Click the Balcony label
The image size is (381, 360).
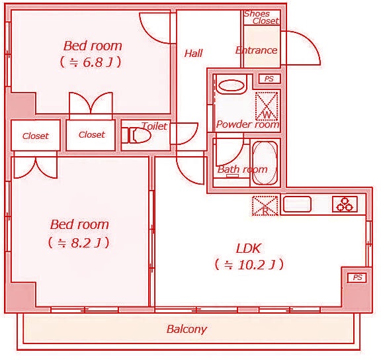click(x=187, y=329)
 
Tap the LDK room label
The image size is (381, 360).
click(x=249, y=249)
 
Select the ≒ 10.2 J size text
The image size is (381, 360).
click(x=249, y=265)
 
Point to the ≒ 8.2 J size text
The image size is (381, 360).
click(x=79, y=243)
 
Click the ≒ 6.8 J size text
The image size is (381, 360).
click(x=93, y=63)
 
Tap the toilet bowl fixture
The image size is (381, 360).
click(x=140, y=136)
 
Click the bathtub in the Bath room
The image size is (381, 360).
click(x=265, y=161)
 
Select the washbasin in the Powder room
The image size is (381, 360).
click(x=231, y=85)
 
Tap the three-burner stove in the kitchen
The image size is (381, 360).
click(x=345, y=204)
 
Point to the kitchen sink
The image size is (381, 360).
click(x=297, y=204)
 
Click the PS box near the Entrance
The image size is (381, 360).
click(x=269, y=79)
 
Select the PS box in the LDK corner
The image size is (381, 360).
click(x=357, y=277)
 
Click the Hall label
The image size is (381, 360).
click(x=194, y=54)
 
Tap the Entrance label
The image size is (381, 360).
click(x=257, y=50)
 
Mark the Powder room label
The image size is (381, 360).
click(x=247, y=124)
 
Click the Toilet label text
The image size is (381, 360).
click(x=154, y=126)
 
